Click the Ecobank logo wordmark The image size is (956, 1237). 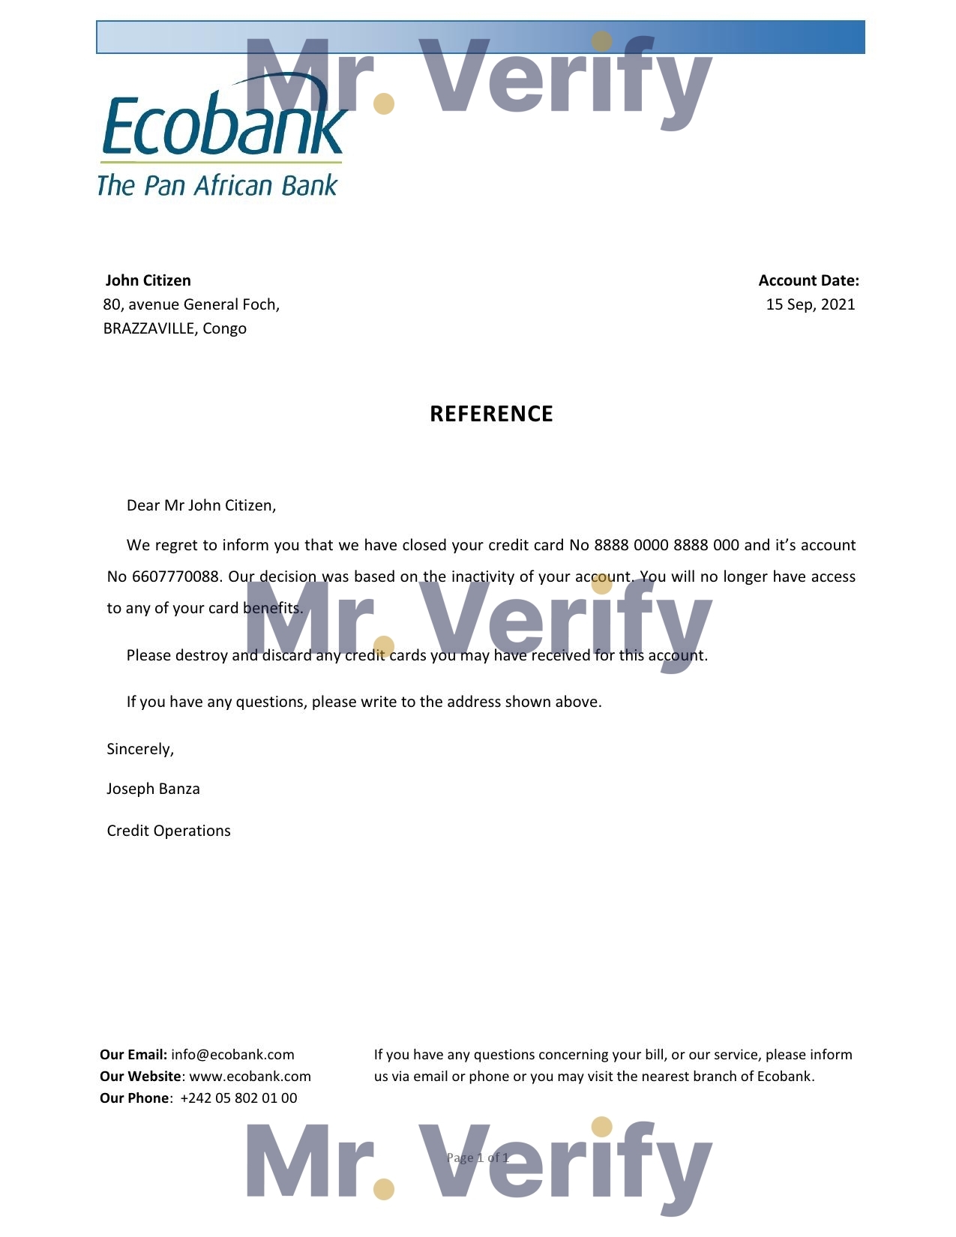pyautogui.click(x=223, y=124)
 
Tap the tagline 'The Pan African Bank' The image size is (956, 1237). pyautogui.click(x=217, y=185)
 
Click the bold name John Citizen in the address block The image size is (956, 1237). pyautogui.click(x=148, y=280)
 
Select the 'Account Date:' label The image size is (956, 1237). pyautogui.click(x=808, y=280)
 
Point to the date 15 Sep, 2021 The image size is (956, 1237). pyautogui.click(x=810, y=304)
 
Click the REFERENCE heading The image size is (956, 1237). pyautogui.click(x=491, y=414)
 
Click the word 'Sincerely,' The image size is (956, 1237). pyautogui.click(x=140, y=749)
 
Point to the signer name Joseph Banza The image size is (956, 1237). pyautogui.click(x=153, y=789)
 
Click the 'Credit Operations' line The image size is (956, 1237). pyautogui.click(x=169, y=831)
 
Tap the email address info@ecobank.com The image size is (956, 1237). pyautogui.click(x=232, y=1055)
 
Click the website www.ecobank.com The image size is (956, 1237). pyautogui.click(x=250, y=1077)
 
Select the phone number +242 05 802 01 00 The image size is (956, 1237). pyautogui.click(x=238, y=1098)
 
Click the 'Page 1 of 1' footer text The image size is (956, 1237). pyautogui.click(x=478, y=1158)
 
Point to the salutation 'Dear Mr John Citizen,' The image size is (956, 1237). pyautogui.click(x=201, y=505)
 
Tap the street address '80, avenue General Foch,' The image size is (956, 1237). pyautogui.click(x=191, y=304)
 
